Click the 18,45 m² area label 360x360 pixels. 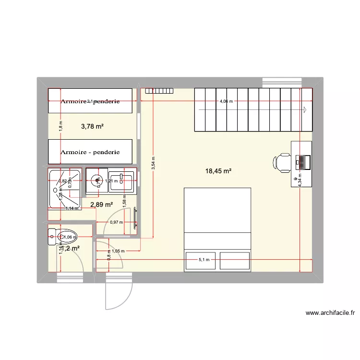pyautogui.click(x=218, y=170)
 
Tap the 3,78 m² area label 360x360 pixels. pyautogui.click(x=93, y=127)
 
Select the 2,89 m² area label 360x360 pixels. pyautogui.click(x=101, y=204)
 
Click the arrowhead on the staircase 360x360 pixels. pyautogui.click(x=305, y=110)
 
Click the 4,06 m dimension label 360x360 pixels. pyautogui.click(x=226, y=102)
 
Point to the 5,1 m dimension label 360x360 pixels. pyautogui.click(x=204, y=260)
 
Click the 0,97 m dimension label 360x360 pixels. pyautogui.click(x=117, y=222)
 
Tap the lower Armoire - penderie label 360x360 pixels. pyautogui.click(x=90, y=152)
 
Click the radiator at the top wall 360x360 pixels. pyautogui.click(x=159, y=90)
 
